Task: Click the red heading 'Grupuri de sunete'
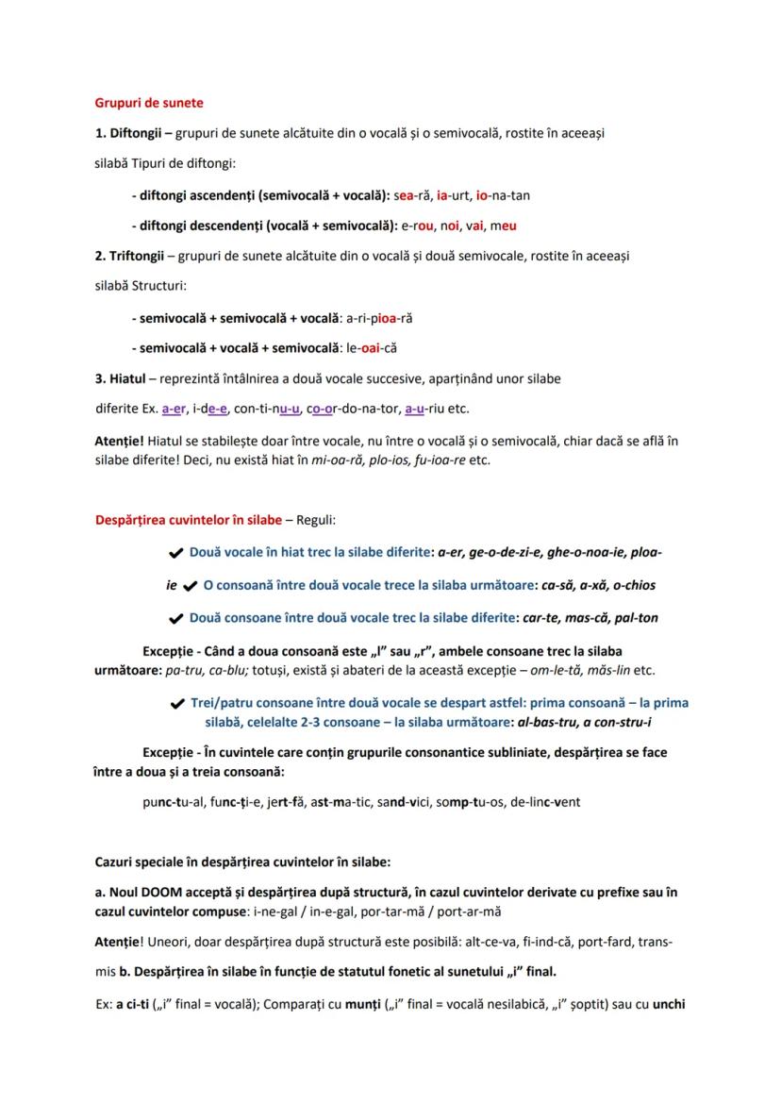(x=149, y=102)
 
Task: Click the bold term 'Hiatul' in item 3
(x=129, y=379)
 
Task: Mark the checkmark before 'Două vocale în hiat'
(x=174, y=552)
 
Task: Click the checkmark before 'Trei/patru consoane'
(x=175, y=704)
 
